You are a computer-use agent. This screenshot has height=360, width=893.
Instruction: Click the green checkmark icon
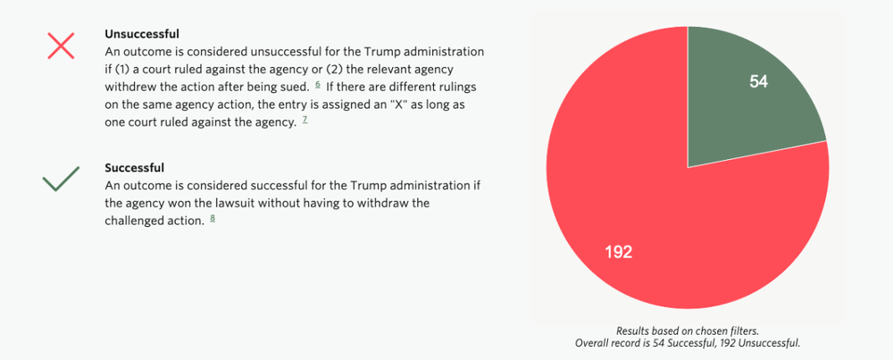tap(61, 180)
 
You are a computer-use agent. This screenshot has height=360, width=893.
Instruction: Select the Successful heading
tap(135, 168)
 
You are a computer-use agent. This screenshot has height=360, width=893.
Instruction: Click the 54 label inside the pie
tap(758, 82)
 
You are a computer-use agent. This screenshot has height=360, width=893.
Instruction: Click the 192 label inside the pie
tap(618, 252)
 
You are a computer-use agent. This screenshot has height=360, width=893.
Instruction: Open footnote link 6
tap(317, 84)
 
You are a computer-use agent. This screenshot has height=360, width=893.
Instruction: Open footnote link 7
tap(305, 119)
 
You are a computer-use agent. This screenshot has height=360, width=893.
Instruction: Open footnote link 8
tap(213, 219)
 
